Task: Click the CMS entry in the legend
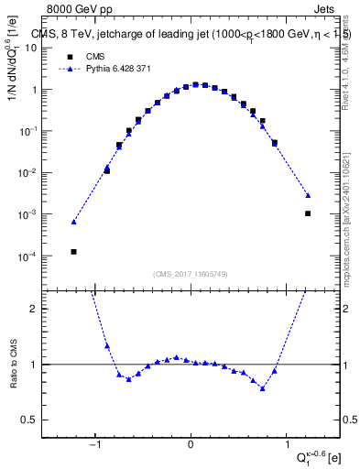pos(94,56)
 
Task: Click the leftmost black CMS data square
pos(73,251)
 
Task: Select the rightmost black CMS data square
pos(308,213)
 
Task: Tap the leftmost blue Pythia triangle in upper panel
pos(73,222)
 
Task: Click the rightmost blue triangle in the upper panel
pos(308,195)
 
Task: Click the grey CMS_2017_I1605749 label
pos(191,275)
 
